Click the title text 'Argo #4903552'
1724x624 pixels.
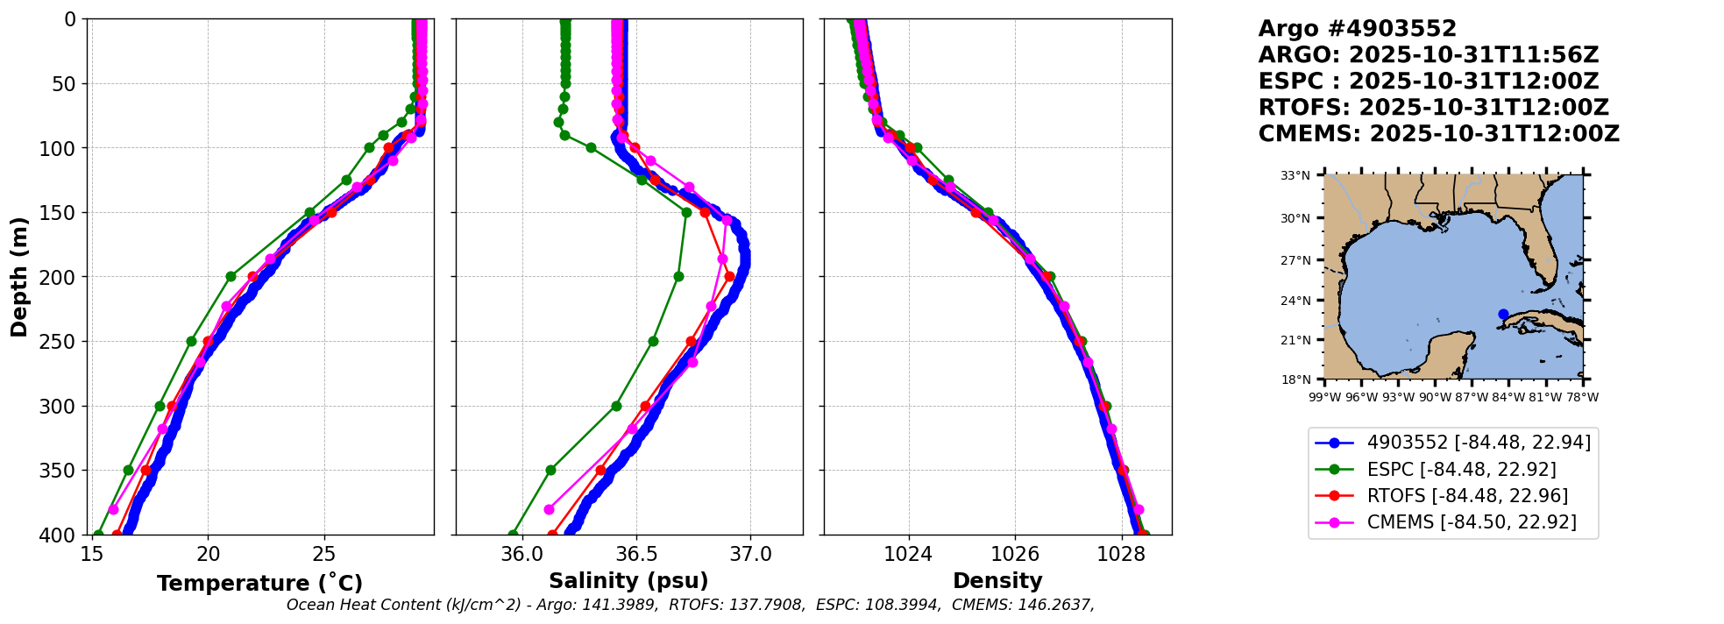(1357, 29)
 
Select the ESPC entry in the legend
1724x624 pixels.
(1461, 470)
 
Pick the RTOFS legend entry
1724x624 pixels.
(1467, 496)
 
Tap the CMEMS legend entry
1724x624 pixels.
(1472, 522)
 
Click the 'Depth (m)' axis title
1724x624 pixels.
(19, 277)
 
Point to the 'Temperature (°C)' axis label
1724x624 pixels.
(259, 584)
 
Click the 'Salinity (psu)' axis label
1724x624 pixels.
(628, 581)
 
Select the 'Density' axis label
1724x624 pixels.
(997, 581)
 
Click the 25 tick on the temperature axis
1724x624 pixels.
(324, 555)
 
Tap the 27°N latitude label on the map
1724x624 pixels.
(1295, 260)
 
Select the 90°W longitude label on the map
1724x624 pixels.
(1435, 397)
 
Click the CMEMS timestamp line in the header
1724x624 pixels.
(1438, 134)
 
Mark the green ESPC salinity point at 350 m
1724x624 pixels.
(550, 470)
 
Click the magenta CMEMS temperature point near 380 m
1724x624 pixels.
(113, 509)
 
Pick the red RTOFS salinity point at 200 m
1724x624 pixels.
(729, 277)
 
